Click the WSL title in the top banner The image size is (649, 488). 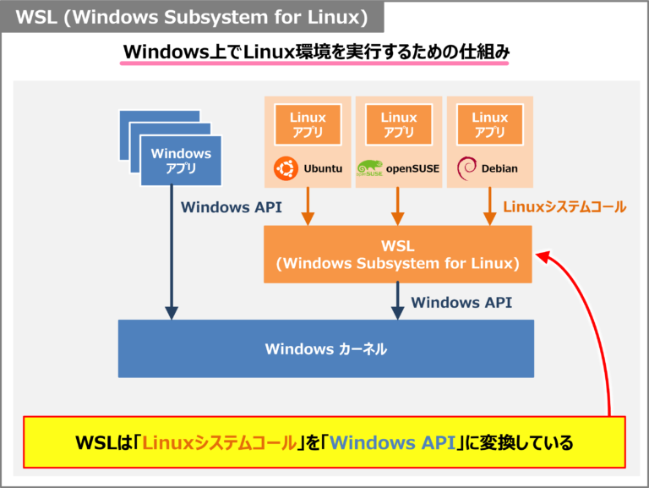pos(192,18)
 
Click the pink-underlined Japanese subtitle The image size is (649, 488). pos(316,52)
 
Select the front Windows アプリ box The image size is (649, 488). pos(181,161)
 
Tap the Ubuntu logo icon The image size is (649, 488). pos(285,168)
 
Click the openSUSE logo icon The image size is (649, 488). pos(371,168)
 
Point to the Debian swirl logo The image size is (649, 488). pos(466,167)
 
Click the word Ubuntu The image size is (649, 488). pos(323,169)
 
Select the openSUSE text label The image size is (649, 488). pos(413,169)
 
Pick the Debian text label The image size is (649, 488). pos(499,169)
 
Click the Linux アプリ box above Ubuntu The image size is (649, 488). pos(308,125)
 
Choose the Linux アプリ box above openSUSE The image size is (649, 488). pos(399,125)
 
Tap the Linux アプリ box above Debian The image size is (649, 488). pos(489,125)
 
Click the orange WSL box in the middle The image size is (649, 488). pos(397,254)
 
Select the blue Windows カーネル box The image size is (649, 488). pos(325,348)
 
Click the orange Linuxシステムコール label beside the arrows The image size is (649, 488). pos(564,207)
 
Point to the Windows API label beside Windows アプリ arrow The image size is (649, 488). pos(232,207)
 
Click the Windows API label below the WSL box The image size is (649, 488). pos(461,302)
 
